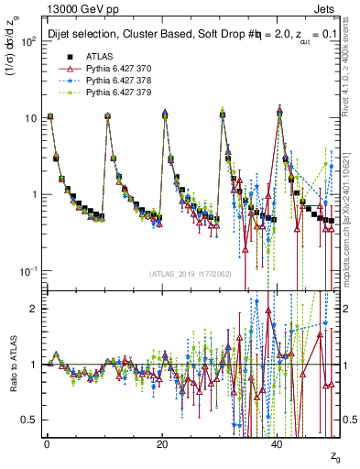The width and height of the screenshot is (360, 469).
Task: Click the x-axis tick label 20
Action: tap(162, 442)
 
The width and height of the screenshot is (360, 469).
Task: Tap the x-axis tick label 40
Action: tap(278, 442)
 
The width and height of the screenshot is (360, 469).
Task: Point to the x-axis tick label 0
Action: tap(47, 442)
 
